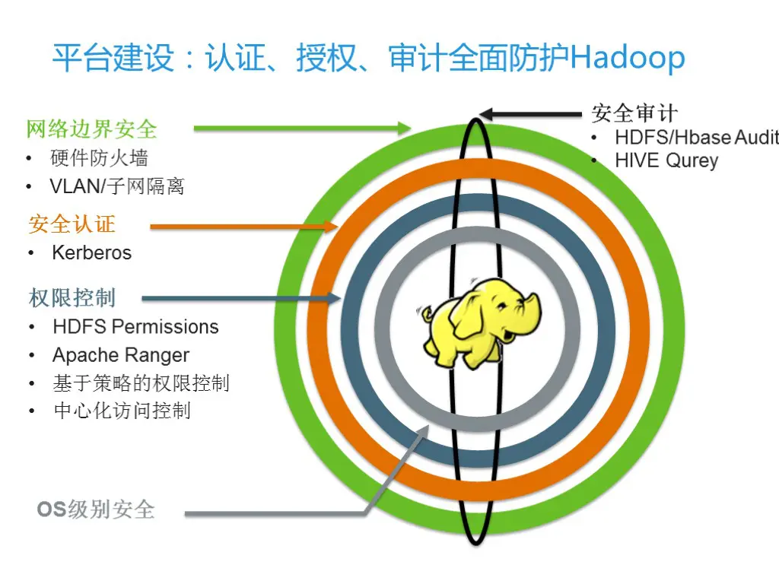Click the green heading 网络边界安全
coord(92,129)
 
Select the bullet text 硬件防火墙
coord(99,158)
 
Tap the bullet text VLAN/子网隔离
coord(117,186)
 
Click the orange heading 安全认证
coord(72,224)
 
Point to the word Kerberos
coord(92,253)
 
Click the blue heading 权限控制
coord(72,297)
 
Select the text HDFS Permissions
coord(135,327)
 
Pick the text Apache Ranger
coord(121,355)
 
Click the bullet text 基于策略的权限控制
coord(141,383)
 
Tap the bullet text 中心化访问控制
coord(122,411)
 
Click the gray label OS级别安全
coord(96,509)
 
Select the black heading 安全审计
coord(634,114)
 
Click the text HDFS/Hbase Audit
coord(696,138)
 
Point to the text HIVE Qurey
coord(666,160)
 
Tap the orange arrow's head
coord(331,226)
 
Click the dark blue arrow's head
coord(332,298)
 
